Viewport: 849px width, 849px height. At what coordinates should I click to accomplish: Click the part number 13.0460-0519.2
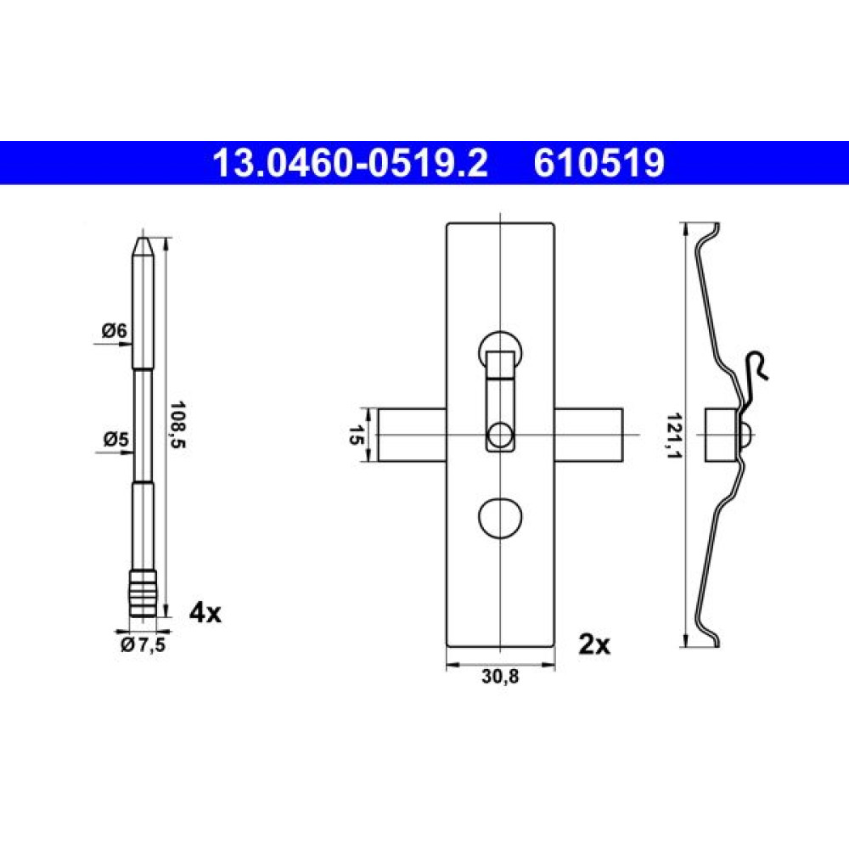351,163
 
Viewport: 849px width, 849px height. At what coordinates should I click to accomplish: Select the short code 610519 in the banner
599,163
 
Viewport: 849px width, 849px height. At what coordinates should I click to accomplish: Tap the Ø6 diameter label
115,330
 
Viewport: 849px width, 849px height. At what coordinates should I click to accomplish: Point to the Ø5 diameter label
115,439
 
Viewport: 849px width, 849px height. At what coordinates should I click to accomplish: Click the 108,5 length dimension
177,424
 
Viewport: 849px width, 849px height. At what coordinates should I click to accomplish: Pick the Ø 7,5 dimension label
143,645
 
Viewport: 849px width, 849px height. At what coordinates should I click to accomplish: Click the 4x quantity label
205,614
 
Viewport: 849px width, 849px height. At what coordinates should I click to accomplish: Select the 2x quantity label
594,644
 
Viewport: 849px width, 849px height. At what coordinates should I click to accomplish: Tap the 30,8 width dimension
500,677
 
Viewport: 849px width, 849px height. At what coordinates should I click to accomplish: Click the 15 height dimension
356,435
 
